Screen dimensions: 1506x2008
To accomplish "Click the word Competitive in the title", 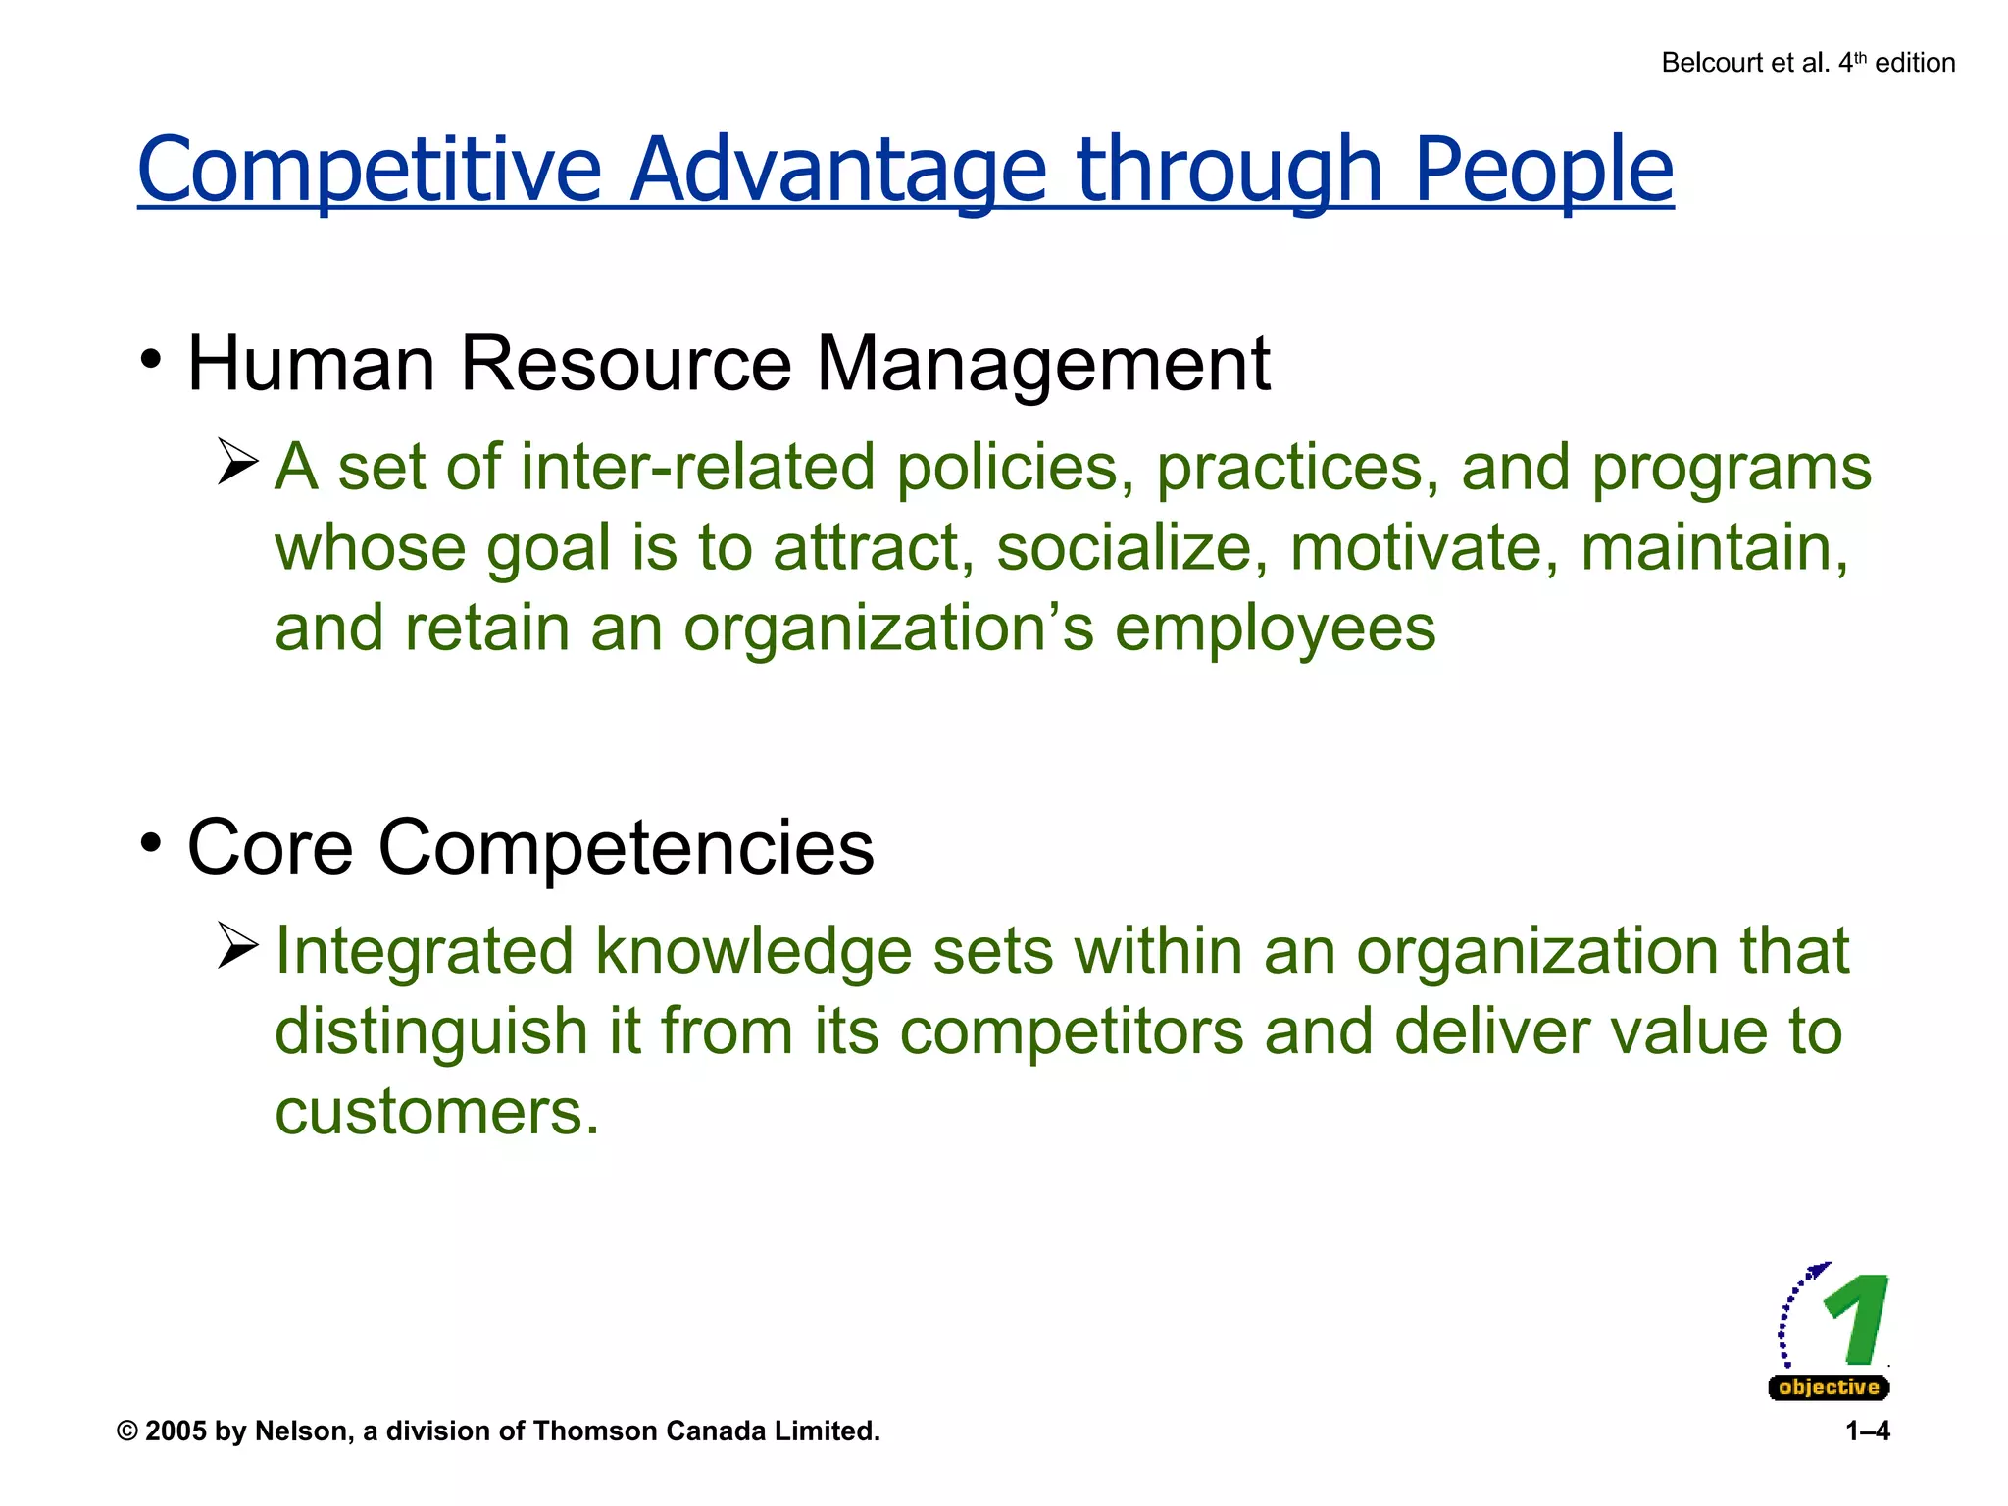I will [x=369, y=170].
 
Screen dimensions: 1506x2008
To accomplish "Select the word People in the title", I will [x=1543, y=170].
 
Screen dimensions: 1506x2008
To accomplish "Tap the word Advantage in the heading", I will [x=837, y=170].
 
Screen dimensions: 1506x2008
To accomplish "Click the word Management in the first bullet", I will [x=1043, y=364].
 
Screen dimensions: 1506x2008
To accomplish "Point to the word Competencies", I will [x=626, y=847].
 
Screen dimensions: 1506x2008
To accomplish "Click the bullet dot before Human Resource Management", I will [x=150, y=360].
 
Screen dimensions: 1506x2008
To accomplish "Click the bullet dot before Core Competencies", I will [x=150, y=843].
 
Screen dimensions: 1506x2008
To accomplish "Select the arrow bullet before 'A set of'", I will [x=237, y=462].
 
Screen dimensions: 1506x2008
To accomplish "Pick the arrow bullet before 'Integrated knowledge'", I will [x=237, y=946].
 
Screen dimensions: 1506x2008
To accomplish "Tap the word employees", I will [x=1275, y=628].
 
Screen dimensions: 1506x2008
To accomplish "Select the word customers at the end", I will [x=436, y=1112].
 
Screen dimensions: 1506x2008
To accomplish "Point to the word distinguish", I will [x=430, y=1031].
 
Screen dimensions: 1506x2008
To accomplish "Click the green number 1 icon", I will [x=1856, y=1320].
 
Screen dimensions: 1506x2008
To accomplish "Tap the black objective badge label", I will [x=1829, y=1387].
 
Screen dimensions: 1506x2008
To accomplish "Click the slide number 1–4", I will [x=1867, y=1431].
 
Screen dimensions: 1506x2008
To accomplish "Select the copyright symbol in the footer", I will [x=126, y=1431].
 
